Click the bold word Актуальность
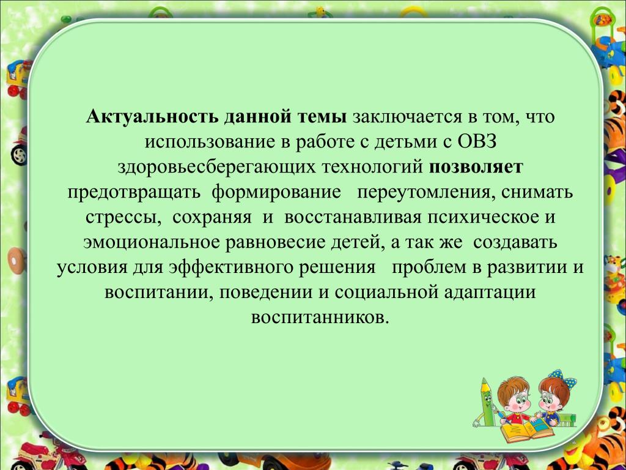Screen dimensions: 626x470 (x=152, y=117)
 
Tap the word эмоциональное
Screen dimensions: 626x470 (x=152, y=242)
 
